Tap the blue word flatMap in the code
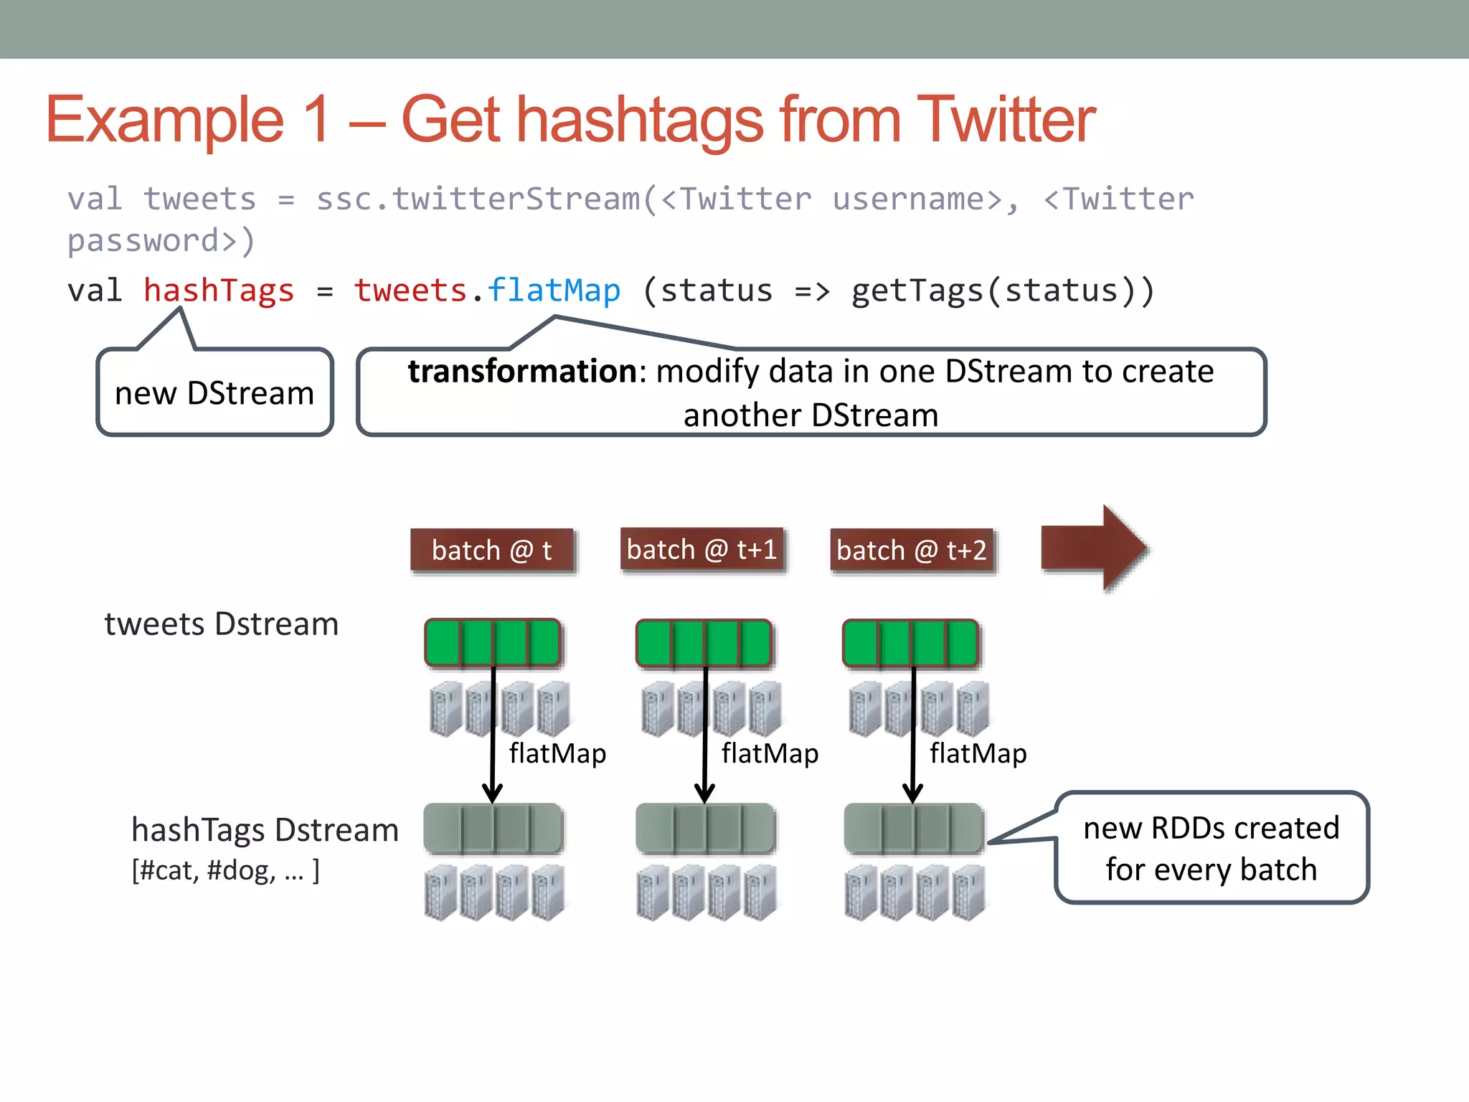click(554, 291)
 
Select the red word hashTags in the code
click(219, 291)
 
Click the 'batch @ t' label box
click(492, 550)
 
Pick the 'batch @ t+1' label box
click(702, 550)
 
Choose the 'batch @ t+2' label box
click(912, 550)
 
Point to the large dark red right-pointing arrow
click(1093, 548)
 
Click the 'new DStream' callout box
click(214, 393)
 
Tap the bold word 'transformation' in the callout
click(521, 372)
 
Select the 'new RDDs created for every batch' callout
click(1211, 848)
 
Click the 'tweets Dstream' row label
click(221, 624)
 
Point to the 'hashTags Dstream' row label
click(265, 830)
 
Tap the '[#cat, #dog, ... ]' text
click(225, 870)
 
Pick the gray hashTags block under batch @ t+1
click(705, 829)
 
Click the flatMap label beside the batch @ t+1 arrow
click(770, 753)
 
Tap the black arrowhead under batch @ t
click(492, 793)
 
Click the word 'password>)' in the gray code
click(161, 241)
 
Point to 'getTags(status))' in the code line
click(1002, 291)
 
